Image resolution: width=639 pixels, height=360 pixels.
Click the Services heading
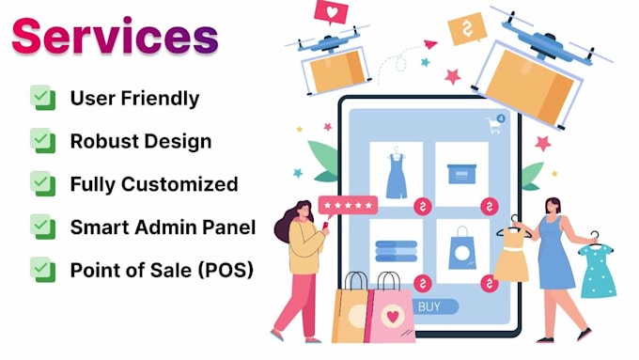[116, 38]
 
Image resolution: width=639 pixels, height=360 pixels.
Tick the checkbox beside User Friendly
[41, 98]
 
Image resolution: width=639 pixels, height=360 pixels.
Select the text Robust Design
[140, 142]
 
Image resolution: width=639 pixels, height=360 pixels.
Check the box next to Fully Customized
[41, 184]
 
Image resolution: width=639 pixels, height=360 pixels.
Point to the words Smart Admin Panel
[161, 227]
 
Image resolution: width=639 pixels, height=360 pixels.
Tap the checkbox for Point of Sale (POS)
[41, 270]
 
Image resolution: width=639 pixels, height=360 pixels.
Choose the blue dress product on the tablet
[397, 175]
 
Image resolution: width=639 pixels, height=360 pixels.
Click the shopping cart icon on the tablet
[493, 125]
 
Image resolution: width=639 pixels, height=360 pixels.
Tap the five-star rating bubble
[348, 205]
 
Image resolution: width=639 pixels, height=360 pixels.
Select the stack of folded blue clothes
[397, 250]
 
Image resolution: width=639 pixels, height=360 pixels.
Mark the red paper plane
[430, 43]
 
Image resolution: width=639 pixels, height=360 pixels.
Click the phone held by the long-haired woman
[326, 226]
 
